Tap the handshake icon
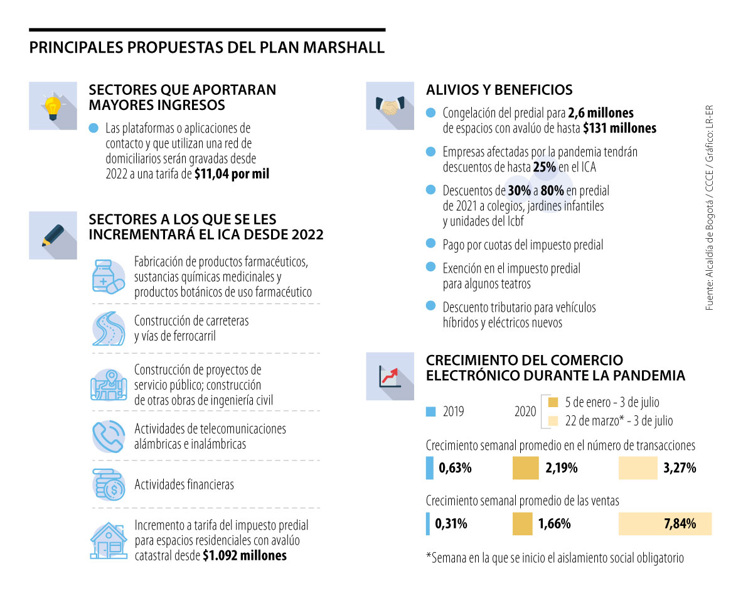point(390,106)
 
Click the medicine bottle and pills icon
point(108,276)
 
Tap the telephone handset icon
point(108,436)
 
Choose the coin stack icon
point(108,484)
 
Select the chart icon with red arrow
point(390,376)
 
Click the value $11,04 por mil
point(232,174)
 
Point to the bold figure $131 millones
point(619,128)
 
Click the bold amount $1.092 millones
point(244,555)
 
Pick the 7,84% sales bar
point(665,523)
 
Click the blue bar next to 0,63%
point(429,468)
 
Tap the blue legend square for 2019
point(430,412)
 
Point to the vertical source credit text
point(710,207)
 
